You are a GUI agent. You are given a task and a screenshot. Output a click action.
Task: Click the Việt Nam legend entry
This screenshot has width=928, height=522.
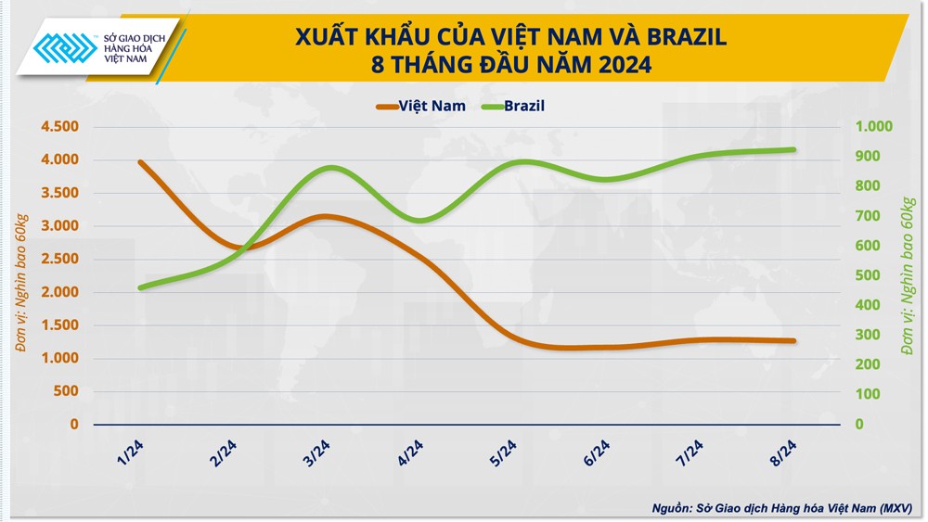(x=422, y=106)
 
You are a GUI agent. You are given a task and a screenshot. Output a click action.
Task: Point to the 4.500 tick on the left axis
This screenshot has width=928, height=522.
(x=60, y=127)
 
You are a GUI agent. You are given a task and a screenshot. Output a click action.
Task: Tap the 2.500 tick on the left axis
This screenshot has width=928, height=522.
(x=60, y=259)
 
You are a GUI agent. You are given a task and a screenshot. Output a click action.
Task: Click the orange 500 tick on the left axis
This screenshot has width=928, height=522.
(x=67, y=391)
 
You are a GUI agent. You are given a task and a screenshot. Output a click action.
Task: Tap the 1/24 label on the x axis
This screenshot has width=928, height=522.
(x=132, y=453)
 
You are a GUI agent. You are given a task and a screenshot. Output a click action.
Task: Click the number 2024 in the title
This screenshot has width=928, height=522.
(x=612, y=65)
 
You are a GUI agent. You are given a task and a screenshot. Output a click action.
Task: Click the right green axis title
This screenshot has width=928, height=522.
(x=909, y=274)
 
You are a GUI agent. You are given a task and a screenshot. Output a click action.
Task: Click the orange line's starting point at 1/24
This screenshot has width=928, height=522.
(x=139, y=162)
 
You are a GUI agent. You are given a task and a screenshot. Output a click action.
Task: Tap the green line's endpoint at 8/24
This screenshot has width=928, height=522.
(x=794, y=149)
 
